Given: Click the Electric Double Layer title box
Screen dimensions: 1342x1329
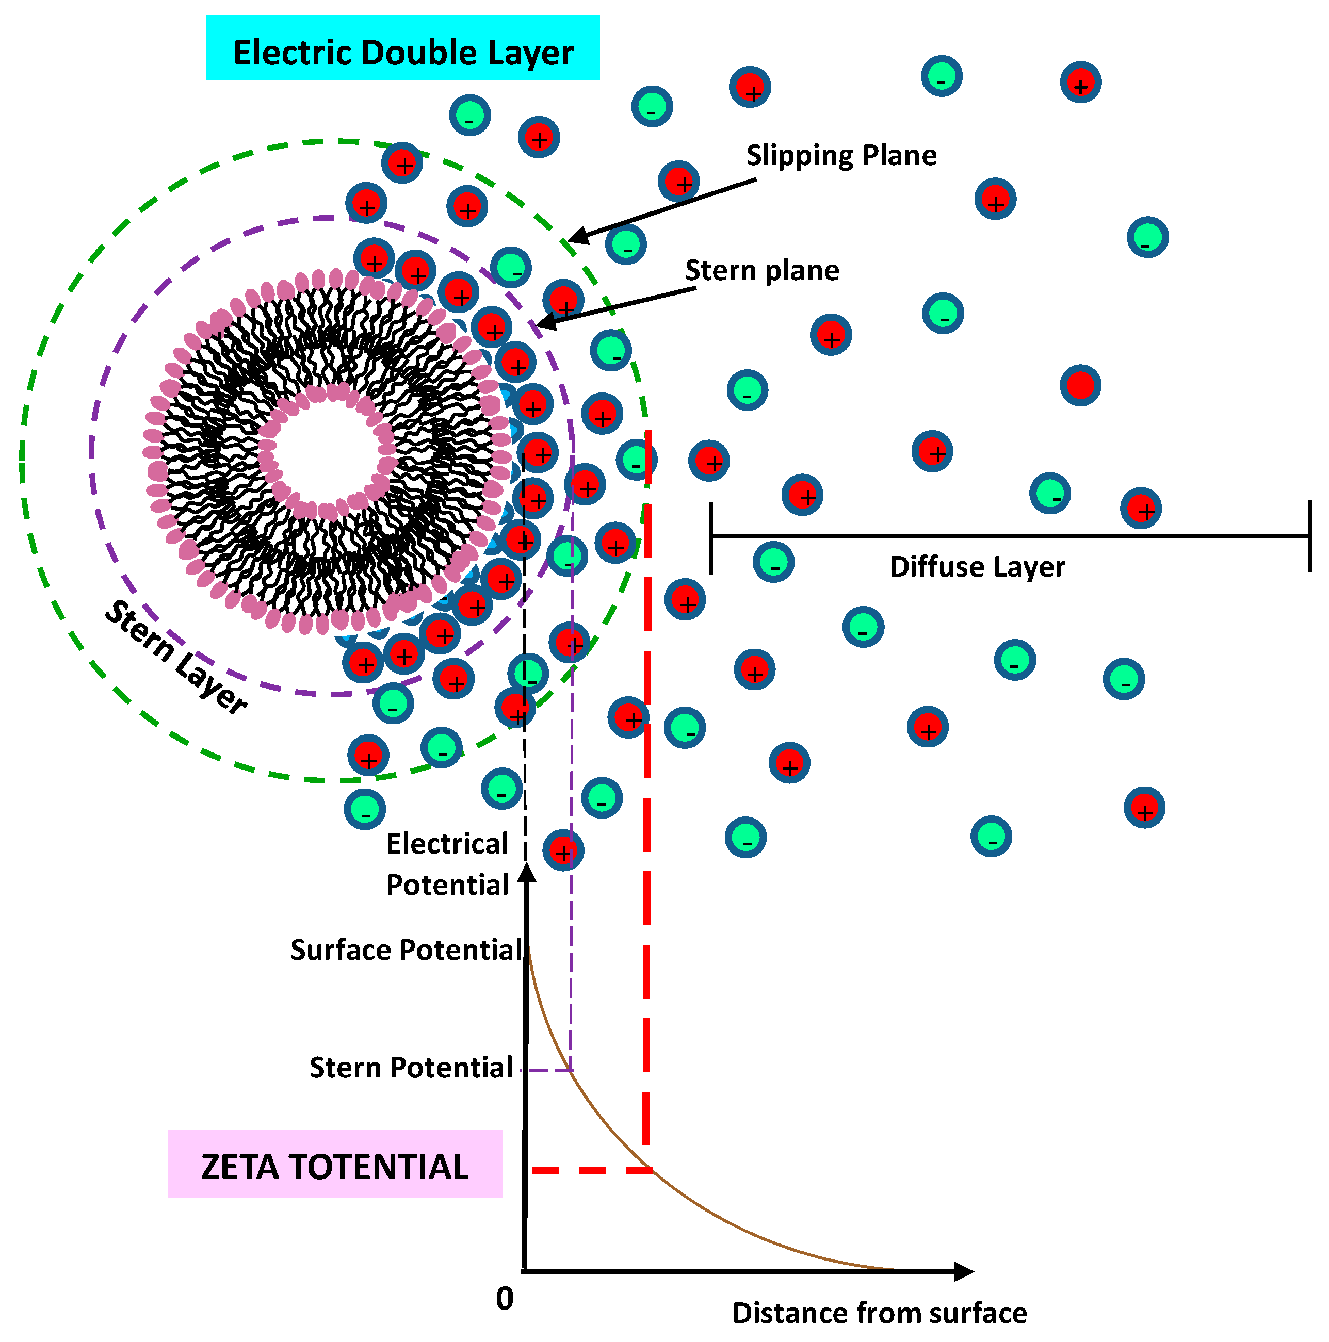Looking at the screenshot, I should [x=402, y=48].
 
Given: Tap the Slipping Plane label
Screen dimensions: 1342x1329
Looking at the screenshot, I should [x=840, y=155].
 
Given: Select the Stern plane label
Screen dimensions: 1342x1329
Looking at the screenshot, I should [x=761, y=270].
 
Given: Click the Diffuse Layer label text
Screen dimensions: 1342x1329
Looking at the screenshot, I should [x=976, y=567].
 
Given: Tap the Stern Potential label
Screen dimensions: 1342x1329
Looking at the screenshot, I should [x=411, y=1068].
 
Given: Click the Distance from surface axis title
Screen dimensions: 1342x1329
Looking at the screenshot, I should [x=879, y=1313].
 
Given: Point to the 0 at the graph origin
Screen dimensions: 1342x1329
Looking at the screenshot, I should [x=505, y=1298].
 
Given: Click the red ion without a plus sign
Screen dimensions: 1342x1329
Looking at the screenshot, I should [x=1080, y=385].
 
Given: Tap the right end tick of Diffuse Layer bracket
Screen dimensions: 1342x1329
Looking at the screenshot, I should [x=1309, y=535].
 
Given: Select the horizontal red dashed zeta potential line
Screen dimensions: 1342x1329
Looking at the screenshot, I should [x=591, y=1170].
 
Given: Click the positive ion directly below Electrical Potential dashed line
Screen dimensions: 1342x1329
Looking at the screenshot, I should [x=563, y=849].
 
